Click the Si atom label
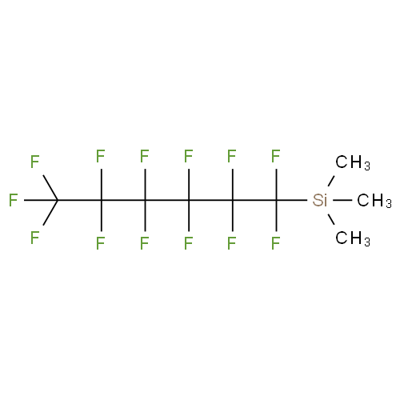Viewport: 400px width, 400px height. pyautogui.click(x=319, y=200)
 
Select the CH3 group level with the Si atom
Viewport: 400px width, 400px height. pyautogui.click(x=374, y=201)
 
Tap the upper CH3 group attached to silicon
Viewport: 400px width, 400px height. pyautogui.click(x=353, y=162)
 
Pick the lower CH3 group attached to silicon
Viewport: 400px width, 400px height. pyautogui.click(x=353, y=238)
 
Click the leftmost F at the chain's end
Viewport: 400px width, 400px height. pyautogui.click(x=13, y=200)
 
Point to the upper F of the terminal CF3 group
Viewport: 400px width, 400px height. pyautogui.click(x=34, y=162)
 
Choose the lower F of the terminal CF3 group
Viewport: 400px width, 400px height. pyautogui.click(x=34, y=238)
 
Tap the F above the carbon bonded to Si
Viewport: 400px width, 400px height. pyautogui.click(x=275, y=156)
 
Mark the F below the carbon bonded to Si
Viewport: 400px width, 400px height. pyautogui.click(x=275, y=243)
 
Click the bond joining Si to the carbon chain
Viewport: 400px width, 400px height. pyautogui.click(x=292, y=200)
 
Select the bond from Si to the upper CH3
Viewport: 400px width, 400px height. pyautogui.click(x=331, y=181)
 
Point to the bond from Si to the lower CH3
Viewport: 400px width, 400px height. pyautogui.click(x=331, y=219)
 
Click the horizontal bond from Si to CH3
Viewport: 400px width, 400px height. pyautogui.click(x=342, y=200)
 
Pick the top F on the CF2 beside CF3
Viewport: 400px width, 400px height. pyautogui.click(x=101, y=156)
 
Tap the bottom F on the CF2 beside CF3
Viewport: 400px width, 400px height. pyautogui.click(x=101, y=243)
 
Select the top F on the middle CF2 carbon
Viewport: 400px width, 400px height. pyautogui.click(x=188, y=156)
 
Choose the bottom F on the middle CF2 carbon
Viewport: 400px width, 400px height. pyautogui.click(x=188, y=243)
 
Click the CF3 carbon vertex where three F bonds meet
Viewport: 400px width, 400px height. pyautogui.click(x=58, y=200)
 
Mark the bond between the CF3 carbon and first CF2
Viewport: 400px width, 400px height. pyautogui.click(x=79, y=200)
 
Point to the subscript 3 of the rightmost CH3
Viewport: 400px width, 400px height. pyautogui.click(x=389, y=203)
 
